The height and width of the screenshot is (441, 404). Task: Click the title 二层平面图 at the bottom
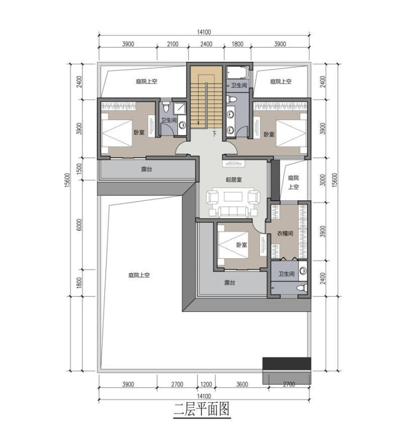pyautogui.click(x=201, y=409)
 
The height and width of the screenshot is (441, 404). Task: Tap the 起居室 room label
pyautogui.click(x=234, y=180)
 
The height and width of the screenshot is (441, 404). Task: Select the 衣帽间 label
pyautogui.click(x=285, y=233)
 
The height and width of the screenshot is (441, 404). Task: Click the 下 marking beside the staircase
pyautogui.click(x=215, y=134)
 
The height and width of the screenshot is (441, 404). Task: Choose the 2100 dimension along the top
pyautogui.click(x=173, y=44)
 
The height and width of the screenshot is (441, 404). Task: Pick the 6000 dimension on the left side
pyautogui.click(x=79, y=225)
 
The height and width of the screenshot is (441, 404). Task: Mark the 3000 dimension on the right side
pyautogui.click(x=323, y=180)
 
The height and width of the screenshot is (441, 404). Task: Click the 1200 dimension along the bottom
pyautogui.click(x=206, y=384)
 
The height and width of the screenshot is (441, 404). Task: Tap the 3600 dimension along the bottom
pyautogui.click(x=242, y=384)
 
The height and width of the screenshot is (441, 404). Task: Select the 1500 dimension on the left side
pyautogui.click(x=79, y=169)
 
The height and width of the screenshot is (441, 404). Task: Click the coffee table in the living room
pyautogui.click(x=233, y=196)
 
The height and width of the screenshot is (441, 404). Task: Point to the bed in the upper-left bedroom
pyautogui.click(x=117, y=134)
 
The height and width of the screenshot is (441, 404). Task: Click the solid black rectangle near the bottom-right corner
pyautogui.click(x=287, y=364)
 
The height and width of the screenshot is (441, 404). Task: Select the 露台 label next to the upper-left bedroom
pyautogui.click(x=146, y=169)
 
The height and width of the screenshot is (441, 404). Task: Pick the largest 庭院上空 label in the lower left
pyautogui.click(x=139, y=275)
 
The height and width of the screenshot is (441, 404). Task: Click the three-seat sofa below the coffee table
pyautogui.click(x=233, y=212)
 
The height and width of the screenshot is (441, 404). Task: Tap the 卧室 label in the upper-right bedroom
pyautogui.click(x=269, y=135)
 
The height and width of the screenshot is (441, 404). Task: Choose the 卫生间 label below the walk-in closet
pyautogui.click(x=286, y=274)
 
